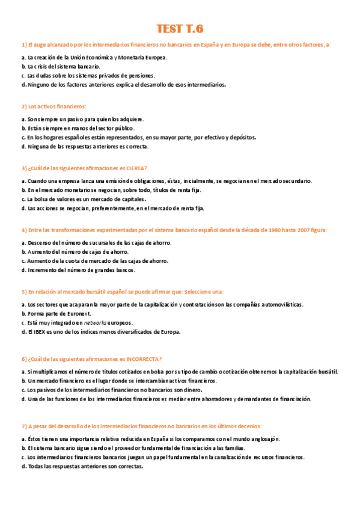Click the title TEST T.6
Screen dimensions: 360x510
(x=180, y=29)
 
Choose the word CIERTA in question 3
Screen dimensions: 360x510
(x=135, y=168)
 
